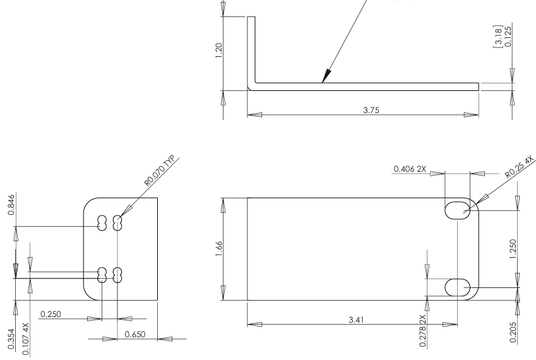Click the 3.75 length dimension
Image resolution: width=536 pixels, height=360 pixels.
pos(363,109)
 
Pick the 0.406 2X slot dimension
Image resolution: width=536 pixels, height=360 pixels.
pos(410,169)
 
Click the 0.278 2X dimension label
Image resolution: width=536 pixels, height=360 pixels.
pos(421,327)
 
